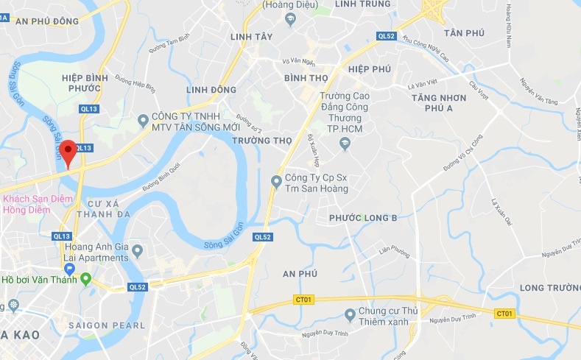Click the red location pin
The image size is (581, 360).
68,150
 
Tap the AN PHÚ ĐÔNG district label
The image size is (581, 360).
46,21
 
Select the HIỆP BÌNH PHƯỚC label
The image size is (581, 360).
85,83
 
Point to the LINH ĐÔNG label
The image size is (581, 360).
211,90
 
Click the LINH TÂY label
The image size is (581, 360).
251,37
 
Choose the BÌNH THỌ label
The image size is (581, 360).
306,77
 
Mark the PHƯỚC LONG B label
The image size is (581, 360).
363,218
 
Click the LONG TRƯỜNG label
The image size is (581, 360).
549,287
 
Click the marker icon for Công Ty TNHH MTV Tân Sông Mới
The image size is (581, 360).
143,119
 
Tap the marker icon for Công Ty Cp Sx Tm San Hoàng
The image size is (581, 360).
276,180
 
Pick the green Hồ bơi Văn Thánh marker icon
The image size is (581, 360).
85,279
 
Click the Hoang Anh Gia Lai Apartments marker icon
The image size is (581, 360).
138,252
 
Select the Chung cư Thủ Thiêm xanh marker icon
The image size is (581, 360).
350,315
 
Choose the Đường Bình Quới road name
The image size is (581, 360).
161,177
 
